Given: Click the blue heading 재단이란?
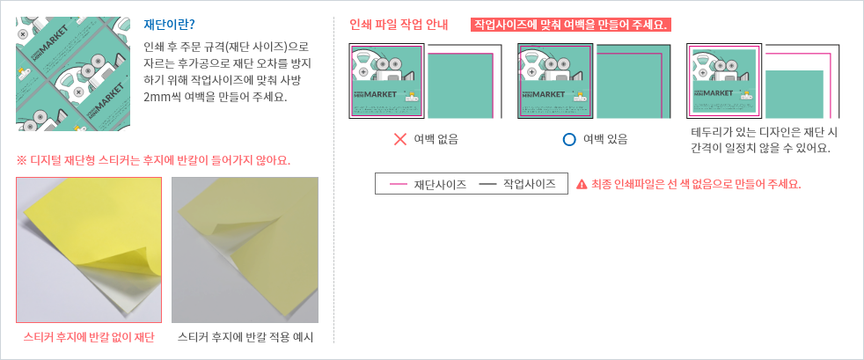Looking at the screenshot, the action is pos(169,25).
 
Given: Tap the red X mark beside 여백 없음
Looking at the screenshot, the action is pos(400,139).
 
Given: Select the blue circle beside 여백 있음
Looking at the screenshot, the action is pos(569,139).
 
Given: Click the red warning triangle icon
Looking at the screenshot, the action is pos(581,185).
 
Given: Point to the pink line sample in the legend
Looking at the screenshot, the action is pos(399,185).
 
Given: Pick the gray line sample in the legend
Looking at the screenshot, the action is pos(487,185).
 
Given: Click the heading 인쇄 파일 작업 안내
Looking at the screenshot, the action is pos(399,25).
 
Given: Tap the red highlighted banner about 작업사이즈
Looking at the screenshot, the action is pos(570,25).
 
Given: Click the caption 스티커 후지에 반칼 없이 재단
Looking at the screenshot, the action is pos(89,337).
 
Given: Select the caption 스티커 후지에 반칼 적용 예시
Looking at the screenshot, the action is pos(245,337).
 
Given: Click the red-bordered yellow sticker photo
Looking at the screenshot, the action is pos(89,250).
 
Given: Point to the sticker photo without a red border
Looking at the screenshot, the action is pos(245,250).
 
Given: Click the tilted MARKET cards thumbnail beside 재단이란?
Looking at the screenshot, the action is pos(73,73).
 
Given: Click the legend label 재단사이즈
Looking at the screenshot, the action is pos(440,185).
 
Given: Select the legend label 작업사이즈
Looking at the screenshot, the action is pos(529,185).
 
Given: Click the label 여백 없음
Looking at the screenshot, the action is pos(436,139).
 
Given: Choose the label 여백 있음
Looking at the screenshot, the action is pos(605,139).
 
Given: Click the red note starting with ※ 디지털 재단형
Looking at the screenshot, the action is pos(154,161).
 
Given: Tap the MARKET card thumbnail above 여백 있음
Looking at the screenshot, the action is pos(555,80).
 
